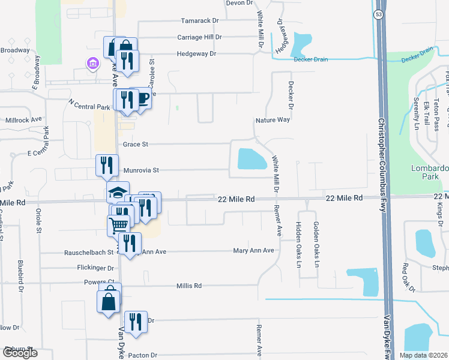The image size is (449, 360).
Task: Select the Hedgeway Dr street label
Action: click(196, 53)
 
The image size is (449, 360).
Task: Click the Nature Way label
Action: click(273, 120)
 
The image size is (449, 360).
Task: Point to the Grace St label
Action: click(135, 145)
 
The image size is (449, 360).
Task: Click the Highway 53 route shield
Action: click(379, 15)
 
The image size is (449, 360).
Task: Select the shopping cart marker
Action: click(119, 225)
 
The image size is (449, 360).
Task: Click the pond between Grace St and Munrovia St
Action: click(252, 159)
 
